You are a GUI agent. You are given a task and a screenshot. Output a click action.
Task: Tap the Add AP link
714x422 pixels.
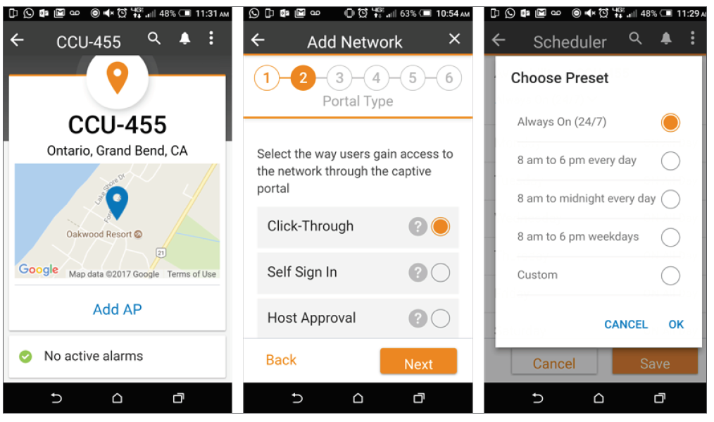point(118,309)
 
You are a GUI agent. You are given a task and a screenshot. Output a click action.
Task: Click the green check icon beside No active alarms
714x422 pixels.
point(25,356)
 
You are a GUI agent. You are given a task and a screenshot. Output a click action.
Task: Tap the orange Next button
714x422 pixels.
point(418,362)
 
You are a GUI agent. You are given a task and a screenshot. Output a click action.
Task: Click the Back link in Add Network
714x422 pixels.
point(281,360)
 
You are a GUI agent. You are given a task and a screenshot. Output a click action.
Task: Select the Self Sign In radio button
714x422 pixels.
point(440,273)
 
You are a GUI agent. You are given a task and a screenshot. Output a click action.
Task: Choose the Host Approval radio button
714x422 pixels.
point(440,318)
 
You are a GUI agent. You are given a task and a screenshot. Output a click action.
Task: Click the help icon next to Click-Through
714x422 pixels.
point(418,226)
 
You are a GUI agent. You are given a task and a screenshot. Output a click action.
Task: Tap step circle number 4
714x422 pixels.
point(376,78)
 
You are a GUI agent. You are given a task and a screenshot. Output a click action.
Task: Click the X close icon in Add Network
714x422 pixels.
point(454,39)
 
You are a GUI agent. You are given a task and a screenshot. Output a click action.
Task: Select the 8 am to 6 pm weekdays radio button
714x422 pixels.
point(670,237)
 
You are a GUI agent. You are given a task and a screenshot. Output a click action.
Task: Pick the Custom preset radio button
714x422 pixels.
point(670,275)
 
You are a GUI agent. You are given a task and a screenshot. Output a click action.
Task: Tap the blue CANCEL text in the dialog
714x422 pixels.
point(626,325)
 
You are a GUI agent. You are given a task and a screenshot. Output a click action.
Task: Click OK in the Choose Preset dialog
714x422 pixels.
point(676,325)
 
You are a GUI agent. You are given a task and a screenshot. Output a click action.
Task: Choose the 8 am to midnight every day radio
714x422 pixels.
point(670,199)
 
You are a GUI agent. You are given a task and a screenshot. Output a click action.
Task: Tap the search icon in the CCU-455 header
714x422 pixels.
point(154,39)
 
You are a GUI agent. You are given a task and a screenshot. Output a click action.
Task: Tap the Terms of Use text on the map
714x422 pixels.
point(192,274)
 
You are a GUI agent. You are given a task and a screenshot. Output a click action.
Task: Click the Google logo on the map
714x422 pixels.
point(39,270)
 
